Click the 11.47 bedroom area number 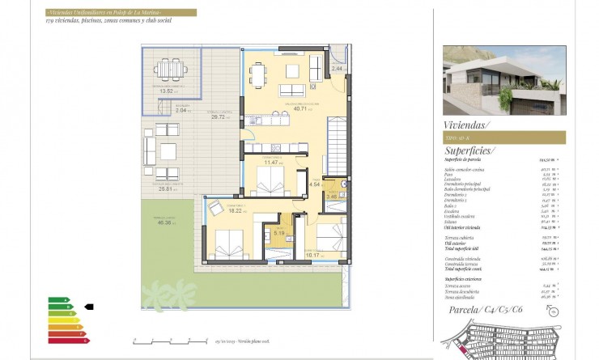273,163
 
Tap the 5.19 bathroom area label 279,233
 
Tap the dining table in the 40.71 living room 258,74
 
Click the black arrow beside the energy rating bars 89,307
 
